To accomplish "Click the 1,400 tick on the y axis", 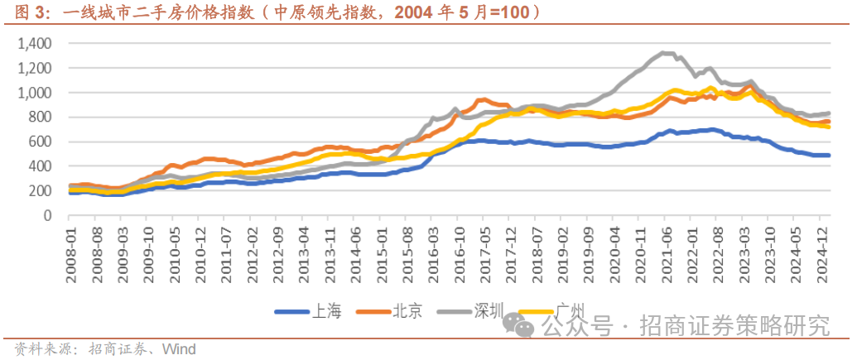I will click(x=35, y=43).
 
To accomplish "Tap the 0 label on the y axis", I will click(x=48, y=215).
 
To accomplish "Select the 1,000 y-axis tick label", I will click(x=35, y=93).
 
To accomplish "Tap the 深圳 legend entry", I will click(x=488, y=311).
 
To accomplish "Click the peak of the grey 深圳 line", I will click(x=665, y=53).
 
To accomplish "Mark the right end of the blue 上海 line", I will click(x=829, y=156).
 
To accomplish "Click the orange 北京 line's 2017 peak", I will click(x=481, y=99).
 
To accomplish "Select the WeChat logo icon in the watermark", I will click(x=523, y=327).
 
